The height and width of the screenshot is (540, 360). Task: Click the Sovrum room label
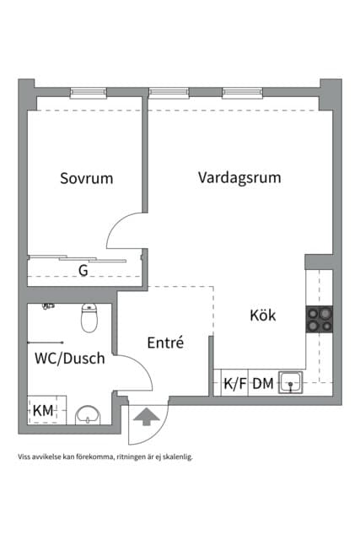click(86, 178)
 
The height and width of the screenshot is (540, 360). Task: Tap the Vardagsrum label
click(239, 178)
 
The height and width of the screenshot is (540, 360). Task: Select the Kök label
click(263, 315)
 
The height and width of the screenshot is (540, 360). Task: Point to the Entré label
click(165, 343)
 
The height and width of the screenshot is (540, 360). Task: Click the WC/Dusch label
click(70, 359)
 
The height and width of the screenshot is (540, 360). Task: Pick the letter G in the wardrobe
click(83, 271)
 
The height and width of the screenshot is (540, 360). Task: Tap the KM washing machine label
click(43, 411)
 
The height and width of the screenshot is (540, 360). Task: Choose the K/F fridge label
click(235, 384)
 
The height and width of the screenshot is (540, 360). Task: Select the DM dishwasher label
click(263, 384)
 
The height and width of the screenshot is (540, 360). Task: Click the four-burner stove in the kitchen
click(320, 319)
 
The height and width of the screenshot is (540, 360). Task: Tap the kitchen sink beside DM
click(291, 382)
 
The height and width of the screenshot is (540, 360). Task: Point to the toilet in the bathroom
click(89, 318)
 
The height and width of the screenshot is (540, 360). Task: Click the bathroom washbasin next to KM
click(88, 415)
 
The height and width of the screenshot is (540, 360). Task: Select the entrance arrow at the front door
click(147, 416)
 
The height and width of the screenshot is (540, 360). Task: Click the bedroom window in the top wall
click(89, 93)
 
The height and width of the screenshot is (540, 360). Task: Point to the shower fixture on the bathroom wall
click(48, 305)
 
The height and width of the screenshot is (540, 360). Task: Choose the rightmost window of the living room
click(242, 93)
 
